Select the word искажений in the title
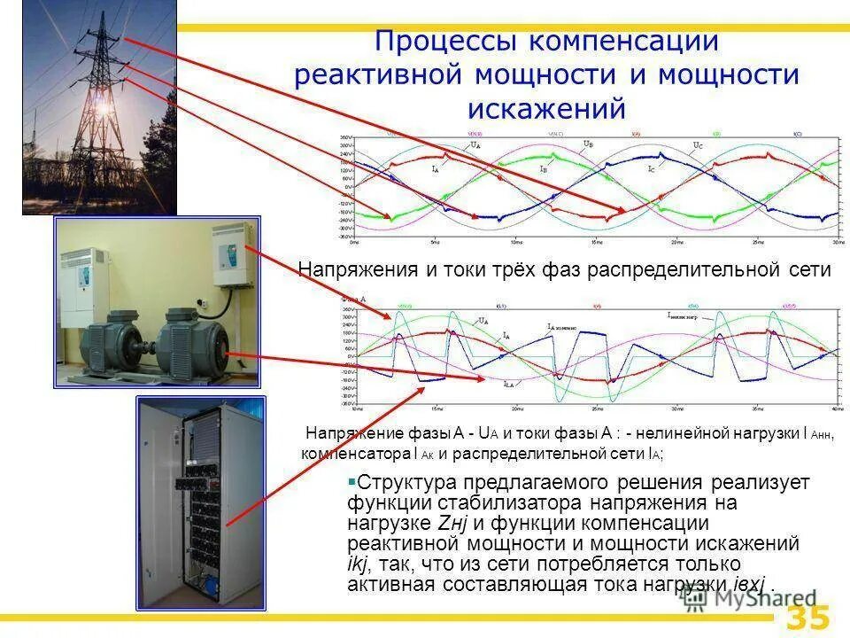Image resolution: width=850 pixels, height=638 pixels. tap(546, 107)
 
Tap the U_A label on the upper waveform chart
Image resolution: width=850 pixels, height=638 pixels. tap(475, 144)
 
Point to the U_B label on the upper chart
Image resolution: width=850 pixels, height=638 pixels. tap(588, 144)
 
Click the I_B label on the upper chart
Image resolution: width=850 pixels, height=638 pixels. tap(543, 167)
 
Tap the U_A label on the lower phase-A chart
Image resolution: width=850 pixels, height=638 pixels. tap(483, 321)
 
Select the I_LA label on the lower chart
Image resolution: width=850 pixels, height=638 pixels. tap(509, 384)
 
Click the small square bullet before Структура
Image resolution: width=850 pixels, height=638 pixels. tap(352, 481)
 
